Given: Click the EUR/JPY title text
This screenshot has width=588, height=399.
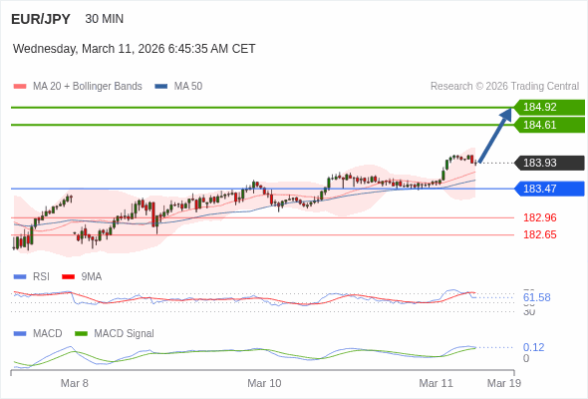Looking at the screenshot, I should (40, 18).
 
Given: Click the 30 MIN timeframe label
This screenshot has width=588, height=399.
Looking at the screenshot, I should (105, 19).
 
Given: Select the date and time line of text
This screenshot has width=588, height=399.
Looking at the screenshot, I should (135, 48).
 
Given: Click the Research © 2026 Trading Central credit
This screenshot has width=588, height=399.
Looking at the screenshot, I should (504, 87).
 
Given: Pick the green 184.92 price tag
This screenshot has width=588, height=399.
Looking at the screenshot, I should (548, 107).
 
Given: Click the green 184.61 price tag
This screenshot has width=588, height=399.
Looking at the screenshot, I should (548, 125).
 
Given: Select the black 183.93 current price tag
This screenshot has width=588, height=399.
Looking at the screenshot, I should (548, 164).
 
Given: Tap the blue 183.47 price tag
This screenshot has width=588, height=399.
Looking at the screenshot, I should (548, 189).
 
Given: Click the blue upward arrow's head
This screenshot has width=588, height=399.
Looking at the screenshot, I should (507, 114).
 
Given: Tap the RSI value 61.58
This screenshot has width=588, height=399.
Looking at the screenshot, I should (536, 297).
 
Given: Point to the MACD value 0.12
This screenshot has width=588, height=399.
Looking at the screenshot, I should (533, 347).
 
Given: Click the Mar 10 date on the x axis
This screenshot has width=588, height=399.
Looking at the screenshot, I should (264, 383).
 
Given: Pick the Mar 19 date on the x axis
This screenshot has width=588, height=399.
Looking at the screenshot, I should (503, 383).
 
